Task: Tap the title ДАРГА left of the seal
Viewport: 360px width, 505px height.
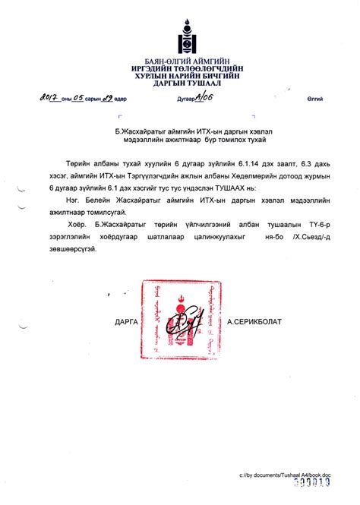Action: tap(126, 321)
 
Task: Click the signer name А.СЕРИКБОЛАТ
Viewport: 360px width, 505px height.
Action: tap(254, 321)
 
